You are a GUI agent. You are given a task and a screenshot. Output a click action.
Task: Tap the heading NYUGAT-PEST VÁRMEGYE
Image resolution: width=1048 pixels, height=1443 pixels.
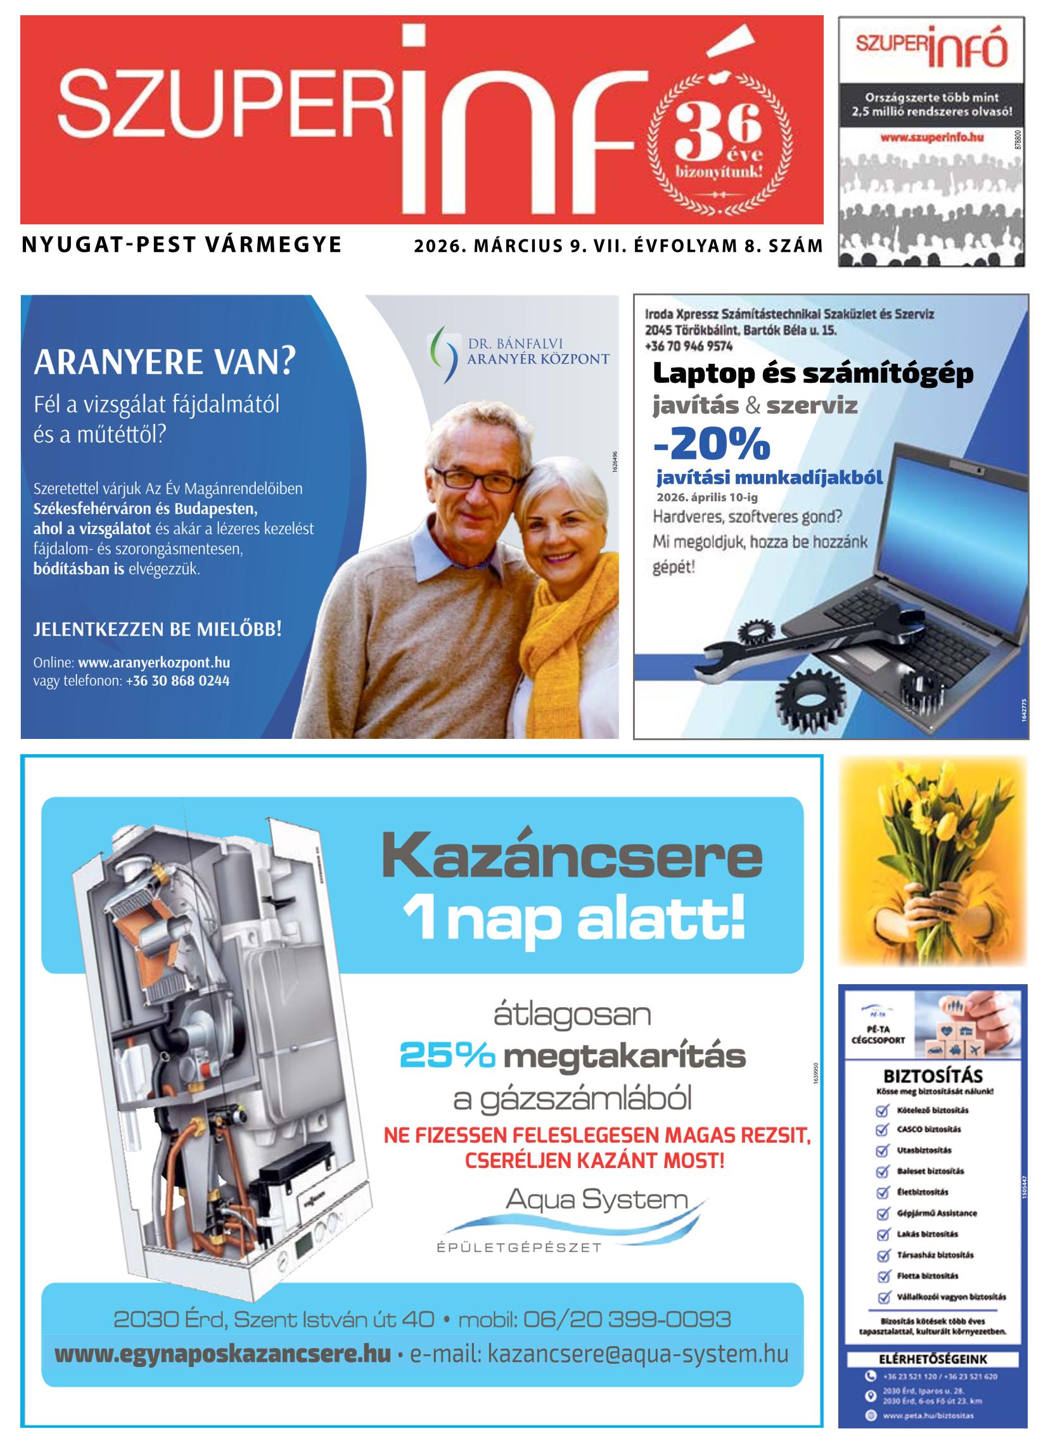(182, 245)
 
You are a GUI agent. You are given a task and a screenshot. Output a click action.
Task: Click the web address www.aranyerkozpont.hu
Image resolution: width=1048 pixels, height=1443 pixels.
(154, 662)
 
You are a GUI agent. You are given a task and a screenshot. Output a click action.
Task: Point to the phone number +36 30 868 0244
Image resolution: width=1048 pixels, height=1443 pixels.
(177, 681)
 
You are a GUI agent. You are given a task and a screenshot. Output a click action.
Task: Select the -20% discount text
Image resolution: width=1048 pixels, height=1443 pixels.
(712, 443)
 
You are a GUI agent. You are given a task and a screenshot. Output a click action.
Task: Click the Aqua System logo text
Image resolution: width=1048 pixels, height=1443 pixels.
(596, 1200)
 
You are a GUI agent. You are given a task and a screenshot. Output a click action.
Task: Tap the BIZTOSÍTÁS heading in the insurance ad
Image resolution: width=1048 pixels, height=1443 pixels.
(933, 1076)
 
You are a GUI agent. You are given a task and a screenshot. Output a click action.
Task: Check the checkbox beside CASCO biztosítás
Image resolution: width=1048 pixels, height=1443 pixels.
(882, 1130)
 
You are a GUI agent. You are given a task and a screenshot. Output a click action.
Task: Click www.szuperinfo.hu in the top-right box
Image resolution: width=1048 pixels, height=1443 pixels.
(932, 137)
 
